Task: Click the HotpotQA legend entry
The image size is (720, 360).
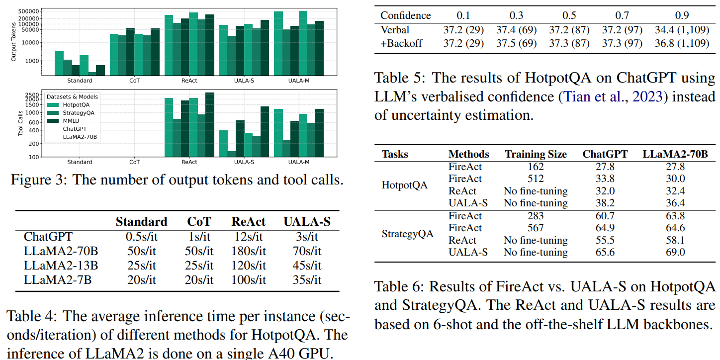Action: [x=76, y=105]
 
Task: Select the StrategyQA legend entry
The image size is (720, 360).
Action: [x=78, y=113]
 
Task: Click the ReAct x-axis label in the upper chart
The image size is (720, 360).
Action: [x=189, y=80]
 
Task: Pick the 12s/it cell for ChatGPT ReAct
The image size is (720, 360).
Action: [x=248, y=237]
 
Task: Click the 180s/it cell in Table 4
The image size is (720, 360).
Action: [x=248, y=251]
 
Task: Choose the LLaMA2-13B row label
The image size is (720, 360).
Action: [x=61, y=266]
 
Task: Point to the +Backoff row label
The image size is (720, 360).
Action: [x=401, y=43]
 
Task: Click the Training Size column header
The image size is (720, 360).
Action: [x=536, y=154]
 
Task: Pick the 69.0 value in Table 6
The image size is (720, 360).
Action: [x=675, y=252]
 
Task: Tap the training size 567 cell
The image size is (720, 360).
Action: [x=536, y=228]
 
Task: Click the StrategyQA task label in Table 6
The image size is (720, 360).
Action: [x=408, y=234]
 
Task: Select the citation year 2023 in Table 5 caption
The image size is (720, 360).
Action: [x=648, y=96]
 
